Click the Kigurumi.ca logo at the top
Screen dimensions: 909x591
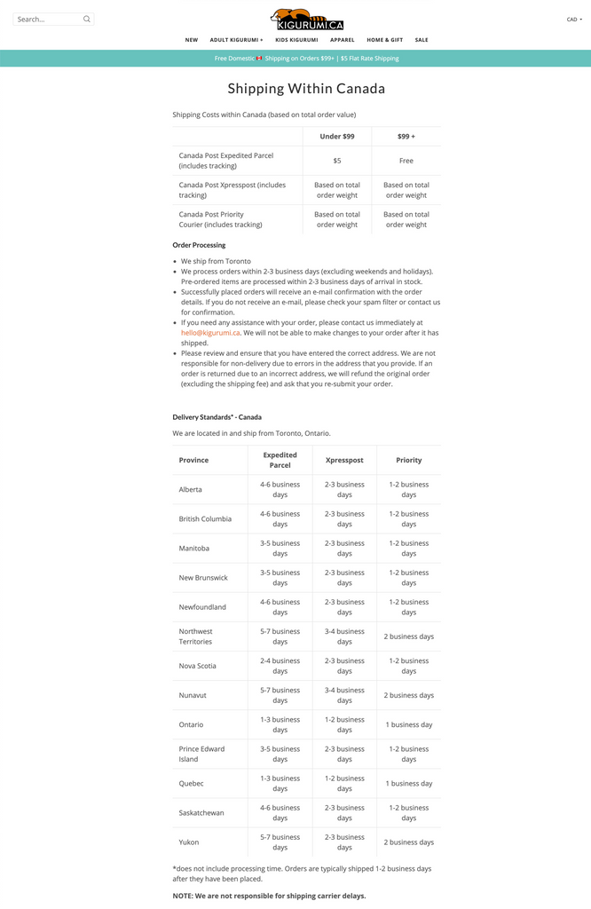(307, 20)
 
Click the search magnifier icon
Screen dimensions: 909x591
(87, 19)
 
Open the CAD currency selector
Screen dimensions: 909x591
(574, 19)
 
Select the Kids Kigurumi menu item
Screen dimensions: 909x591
(296, 40)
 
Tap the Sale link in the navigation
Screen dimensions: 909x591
(422, 40)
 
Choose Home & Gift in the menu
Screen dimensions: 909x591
(384, 40)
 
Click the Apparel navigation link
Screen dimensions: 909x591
(343, 40)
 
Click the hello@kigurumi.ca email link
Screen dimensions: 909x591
(210, 333)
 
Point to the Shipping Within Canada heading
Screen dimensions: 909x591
(306, 89)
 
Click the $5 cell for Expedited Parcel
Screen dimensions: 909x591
(337, 161)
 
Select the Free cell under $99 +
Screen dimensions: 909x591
(406, 161)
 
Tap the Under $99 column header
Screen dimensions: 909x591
(337, 137)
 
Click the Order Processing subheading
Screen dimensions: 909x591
(199, 245)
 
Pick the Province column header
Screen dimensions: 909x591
(193, 460)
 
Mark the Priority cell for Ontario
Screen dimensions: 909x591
(409, 724)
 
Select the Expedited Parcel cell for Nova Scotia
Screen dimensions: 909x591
(280, 666)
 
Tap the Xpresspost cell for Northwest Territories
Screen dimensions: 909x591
(344, 636)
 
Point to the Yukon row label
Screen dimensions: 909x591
(189, 842)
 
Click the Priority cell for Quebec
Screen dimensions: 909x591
(409, 783)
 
